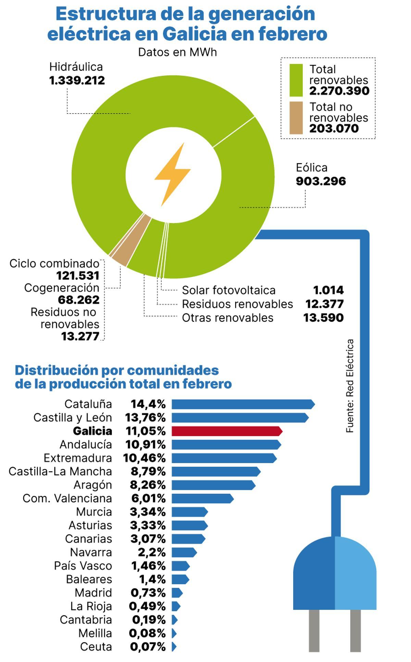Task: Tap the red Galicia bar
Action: tap(226, 431)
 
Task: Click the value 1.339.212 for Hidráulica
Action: tap(77, 81)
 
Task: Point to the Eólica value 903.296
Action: tap(321, 181)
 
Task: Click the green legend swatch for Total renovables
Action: tap(296, 80)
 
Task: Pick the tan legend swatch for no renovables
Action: tap(296, 118)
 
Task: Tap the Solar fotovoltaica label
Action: tap(228, 290)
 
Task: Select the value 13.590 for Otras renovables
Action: tap(323, 318)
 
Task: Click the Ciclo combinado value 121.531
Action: tap(78, 276)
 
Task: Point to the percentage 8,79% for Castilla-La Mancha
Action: tap(148, 471)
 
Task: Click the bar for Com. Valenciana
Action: tap(202, 498)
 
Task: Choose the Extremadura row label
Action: tap(78, 458)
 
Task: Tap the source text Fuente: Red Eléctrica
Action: tap(350, 386)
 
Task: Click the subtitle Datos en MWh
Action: tap(177, 52)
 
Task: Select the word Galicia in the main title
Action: tap(194, 34)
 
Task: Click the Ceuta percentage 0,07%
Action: tap(148, 647)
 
